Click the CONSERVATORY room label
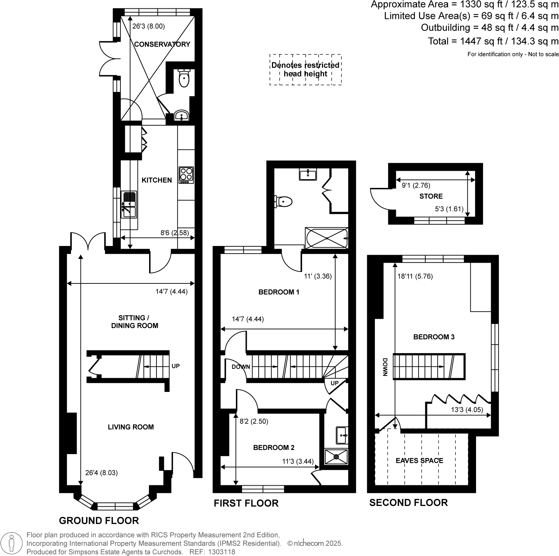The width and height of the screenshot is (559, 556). tap(162, 44)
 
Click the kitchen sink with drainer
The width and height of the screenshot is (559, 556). tap(129, 204)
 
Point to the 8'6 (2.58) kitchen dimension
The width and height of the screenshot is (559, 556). tap(177, 232)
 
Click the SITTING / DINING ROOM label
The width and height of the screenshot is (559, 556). tap(134, 322)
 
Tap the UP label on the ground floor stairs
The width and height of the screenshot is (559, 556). tap(175, 366)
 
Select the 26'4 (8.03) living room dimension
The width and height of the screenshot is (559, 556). tap(102, 473)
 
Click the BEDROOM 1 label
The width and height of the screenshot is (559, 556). tap(279, 292)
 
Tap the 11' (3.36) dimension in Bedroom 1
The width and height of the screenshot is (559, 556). tap(317, 276)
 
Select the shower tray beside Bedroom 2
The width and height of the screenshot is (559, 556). tap(336, 456)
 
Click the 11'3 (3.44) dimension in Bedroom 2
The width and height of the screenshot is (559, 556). tap(298, 461)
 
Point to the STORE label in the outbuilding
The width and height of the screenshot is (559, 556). tap(431, 196)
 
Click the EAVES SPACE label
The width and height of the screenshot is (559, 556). tap(419, 460)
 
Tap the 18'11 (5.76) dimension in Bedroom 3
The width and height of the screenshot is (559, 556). tap(415, 276)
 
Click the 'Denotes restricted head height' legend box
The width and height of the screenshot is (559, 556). tap(305, 70)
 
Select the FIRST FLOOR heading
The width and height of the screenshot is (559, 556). tap(246, 503)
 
